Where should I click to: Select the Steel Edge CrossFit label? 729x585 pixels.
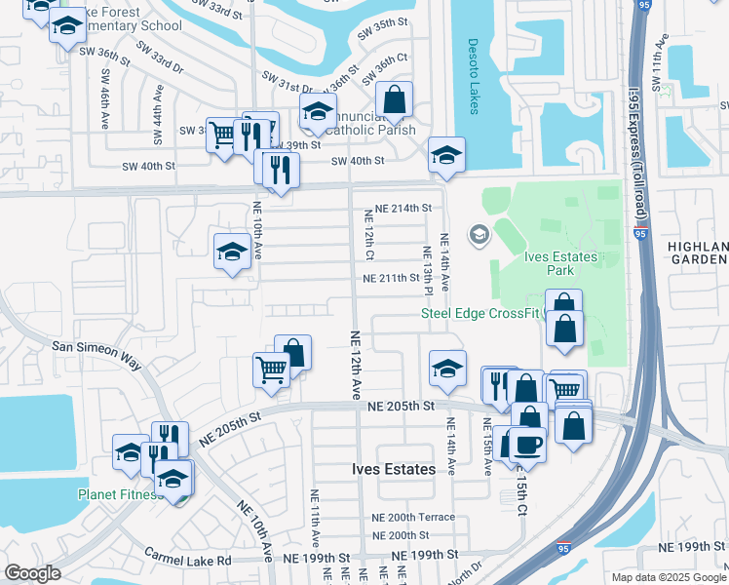(x=478, y=313)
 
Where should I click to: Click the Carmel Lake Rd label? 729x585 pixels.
(x=188, y=560)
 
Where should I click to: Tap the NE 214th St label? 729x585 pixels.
(x=397, y=209)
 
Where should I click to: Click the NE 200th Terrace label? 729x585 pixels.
(x=413, y=518)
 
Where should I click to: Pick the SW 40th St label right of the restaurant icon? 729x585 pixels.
(x=358, y=161)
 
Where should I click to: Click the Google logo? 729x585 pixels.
(x=32, y=572)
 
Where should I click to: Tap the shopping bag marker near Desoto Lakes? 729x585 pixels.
(x=394, y=99)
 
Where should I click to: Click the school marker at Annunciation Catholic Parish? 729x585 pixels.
(x=318, y=113)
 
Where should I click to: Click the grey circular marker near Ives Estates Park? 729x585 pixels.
(x=479, y=234)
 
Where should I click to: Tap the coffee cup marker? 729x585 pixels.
(x=527, y=445)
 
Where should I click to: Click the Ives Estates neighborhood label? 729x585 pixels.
(x=394, y=469)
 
